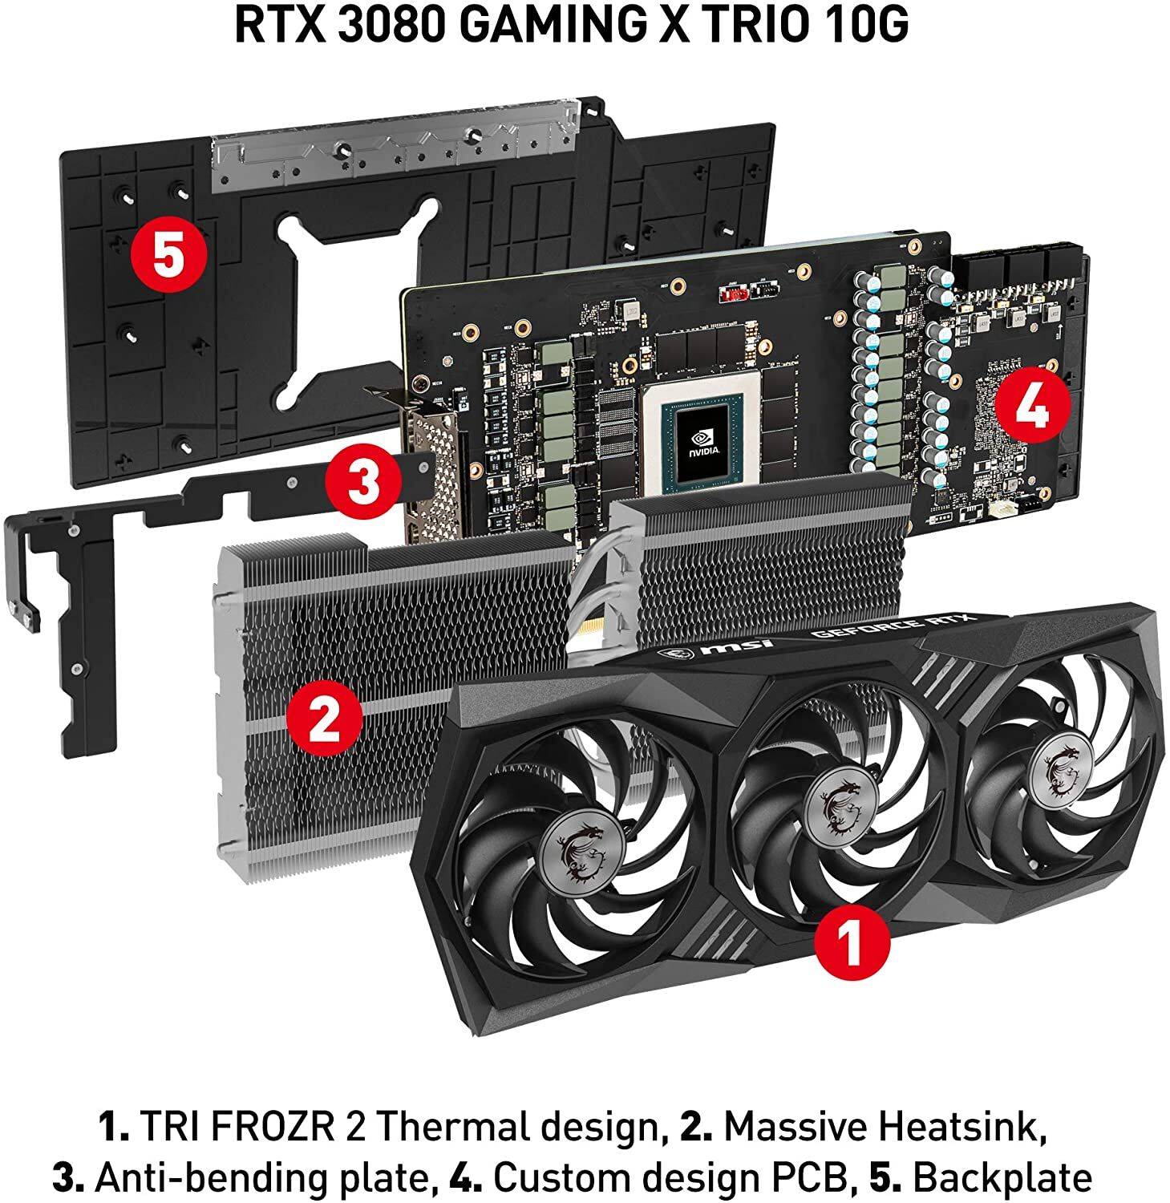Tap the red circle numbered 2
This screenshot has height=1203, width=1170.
(326, 718)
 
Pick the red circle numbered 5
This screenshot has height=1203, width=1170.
(170, 257)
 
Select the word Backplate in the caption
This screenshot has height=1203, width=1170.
(1002, 1178)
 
